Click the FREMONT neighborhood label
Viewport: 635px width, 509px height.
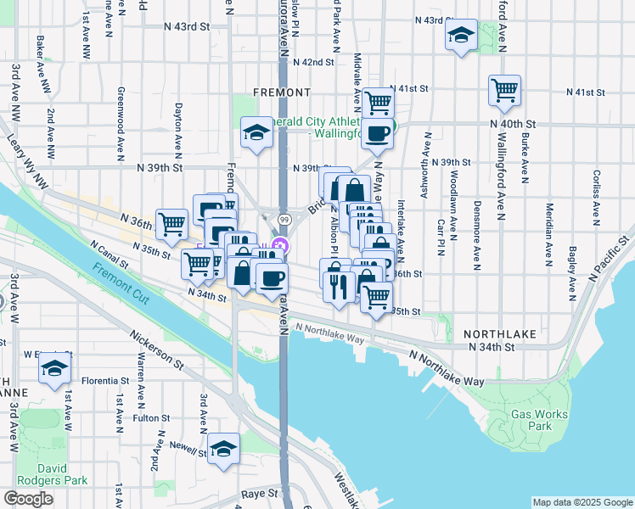(x=281, y=92)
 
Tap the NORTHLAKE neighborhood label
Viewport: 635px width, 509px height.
(x=501, y=334)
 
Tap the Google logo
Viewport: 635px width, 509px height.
(x=28, y=499)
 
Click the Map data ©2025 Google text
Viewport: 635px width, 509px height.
(x=582, y=502)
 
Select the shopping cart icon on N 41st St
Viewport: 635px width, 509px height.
(x=378, y=103)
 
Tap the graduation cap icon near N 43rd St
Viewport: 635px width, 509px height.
(x=461, y=35)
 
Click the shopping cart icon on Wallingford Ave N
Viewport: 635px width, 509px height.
(x=504, y=90)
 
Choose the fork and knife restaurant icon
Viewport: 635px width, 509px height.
(x=340, y=286)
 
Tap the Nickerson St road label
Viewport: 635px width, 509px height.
(x=156, y=352)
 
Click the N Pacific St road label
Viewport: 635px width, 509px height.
(x=609, y=249)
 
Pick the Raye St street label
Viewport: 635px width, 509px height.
(x=259, y=493)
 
